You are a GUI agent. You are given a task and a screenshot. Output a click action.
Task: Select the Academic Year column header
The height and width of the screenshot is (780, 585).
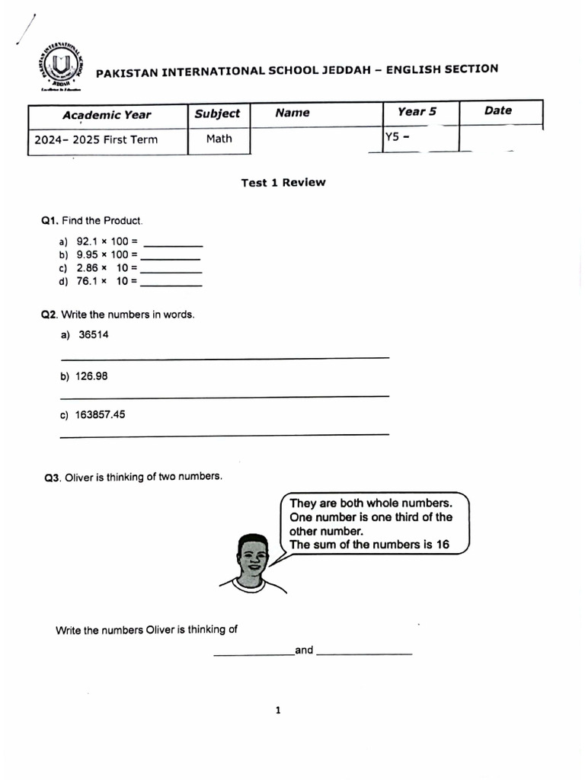tap(107, 115)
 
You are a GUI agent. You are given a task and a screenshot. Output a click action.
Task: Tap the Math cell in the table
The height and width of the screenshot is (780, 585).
tap(219, 139)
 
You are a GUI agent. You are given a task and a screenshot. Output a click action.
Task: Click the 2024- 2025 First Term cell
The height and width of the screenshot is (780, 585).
tap(96, 139)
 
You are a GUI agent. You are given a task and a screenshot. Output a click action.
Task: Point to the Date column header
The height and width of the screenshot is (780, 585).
tap(498, 110)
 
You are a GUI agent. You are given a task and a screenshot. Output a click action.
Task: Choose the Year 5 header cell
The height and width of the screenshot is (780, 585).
tap(417, 111)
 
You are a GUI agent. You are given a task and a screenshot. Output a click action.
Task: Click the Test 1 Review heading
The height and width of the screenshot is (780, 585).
tap(283, 182)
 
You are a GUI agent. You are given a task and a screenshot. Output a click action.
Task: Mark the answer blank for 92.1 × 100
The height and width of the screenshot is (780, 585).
tap(173, 241)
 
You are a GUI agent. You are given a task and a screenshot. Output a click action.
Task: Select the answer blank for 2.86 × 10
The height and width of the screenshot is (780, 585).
tap(171, 268)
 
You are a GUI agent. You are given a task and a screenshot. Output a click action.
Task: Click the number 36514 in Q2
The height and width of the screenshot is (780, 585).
tap(94, 334)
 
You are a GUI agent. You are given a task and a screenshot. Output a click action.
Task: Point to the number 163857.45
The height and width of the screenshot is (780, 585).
tap(100, 415)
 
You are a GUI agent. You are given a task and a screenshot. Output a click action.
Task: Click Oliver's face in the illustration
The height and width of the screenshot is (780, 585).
tap(252, 558)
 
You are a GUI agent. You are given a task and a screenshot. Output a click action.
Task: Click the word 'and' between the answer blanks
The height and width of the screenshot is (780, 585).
tap(304, 650)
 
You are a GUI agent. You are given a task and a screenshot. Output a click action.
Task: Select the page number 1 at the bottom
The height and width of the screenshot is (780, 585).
tap(278, 711)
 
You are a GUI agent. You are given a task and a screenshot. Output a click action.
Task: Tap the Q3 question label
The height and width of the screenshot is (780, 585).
tap(51, 478)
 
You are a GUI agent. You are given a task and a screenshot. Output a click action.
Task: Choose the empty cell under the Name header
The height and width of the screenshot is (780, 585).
tap(316, 139)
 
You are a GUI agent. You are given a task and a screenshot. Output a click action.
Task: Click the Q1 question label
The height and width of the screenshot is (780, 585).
tap(50, 221)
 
